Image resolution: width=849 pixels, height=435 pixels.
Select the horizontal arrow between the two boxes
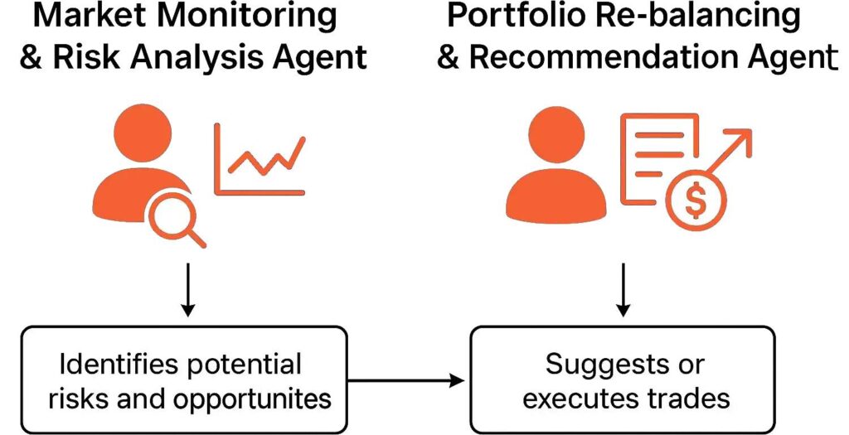pyautogui.click(x=406, y=380)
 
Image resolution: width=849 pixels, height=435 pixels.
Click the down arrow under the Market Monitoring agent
pyautogui.click(x=188, y=289)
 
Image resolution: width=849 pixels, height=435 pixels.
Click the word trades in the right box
pyautogui.click(x=692, y=399)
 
